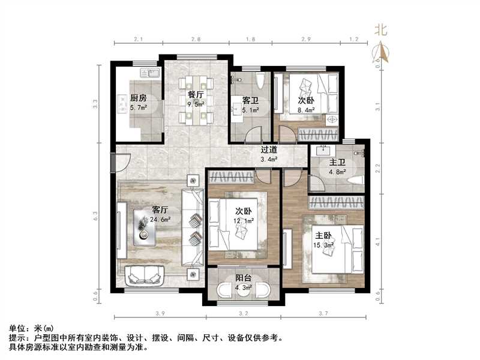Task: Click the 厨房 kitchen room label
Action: click(x=138, y=99)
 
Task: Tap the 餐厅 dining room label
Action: click(x=196, y=95)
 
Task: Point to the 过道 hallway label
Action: click(x=268, y=150)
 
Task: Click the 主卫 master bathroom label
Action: click(x=337, y=162)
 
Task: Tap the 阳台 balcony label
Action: click(x=243, y=278)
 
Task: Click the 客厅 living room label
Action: click(x=159, y=210)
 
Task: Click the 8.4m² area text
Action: click(x=307, y=110)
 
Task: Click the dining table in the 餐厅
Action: click(x=196, y=99)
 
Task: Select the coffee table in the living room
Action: click(x=146, y=229)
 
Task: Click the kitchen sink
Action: click(x=150, y=73)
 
